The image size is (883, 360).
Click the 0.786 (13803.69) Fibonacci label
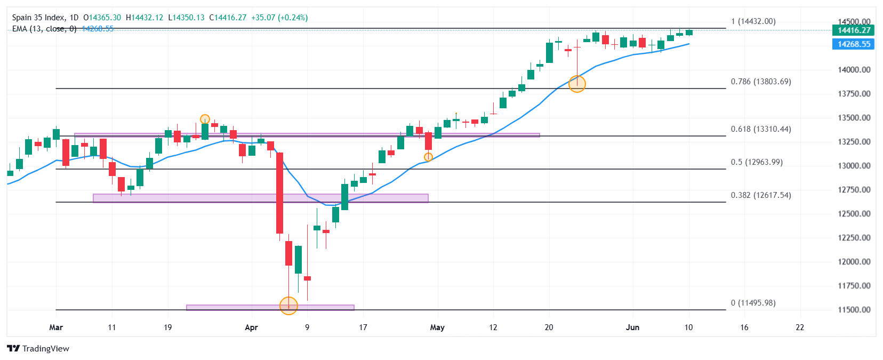[x=761, y=82]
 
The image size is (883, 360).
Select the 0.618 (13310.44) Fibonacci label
[x=761, y=129]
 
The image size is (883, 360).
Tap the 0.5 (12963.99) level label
[x=757, y=162]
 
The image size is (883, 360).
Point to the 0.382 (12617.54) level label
[x=761, y=195]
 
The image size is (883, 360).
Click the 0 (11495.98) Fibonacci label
[x=753, y=303]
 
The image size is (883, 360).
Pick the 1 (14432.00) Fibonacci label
[x=753, y=21]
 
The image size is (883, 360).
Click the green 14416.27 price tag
[x=854, y=30]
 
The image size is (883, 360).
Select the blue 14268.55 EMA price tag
[x=854, y=44]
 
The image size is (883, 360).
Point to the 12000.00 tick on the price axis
[x=854, y=262]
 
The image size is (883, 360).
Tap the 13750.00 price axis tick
[x=854, y=94]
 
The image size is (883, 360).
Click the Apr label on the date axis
[x=251, y=327]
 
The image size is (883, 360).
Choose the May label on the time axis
[x=437, y=327]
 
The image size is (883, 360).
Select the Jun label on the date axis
[x=632, y=327]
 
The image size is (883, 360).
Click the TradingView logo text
[x=45, y=349]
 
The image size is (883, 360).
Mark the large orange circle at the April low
[x=288, y=306]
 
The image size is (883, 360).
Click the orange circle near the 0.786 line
[x=577, y=84]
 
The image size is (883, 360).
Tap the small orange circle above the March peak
[x=205, y=119]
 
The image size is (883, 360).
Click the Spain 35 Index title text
[x=37, y=18]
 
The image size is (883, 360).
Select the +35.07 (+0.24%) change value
[x=279, y=18]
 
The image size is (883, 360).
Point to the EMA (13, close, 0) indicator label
[x=44, y=29]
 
